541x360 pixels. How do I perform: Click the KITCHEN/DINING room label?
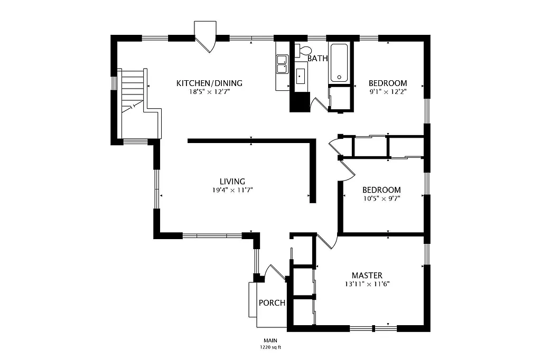(x=209, y=83)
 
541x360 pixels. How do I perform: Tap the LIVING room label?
(x=232, y=182)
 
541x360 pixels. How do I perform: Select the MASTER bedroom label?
(x=367, y=276)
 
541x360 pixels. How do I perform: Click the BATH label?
(x=318, y=59)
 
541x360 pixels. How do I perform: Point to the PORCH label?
(x=272, y=303)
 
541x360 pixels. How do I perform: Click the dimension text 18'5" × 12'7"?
(x=209, y=92)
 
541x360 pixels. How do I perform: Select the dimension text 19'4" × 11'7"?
(x=232, y=191)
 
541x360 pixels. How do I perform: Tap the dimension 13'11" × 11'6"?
(x=367, y=284)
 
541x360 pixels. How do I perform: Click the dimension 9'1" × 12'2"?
(x=388, y=92)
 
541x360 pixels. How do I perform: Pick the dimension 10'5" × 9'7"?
(x=381, y=199)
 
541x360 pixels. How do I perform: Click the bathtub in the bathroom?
(x=339, y=63)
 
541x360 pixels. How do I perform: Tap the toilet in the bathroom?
(x=302, y=51)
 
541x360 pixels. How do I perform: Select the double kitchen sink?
(x=282, y=64)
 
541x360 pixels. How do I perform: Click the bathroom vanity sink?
(x=301, y=77)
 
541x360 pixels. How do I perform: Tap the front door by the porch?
(x=275, y=272)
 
